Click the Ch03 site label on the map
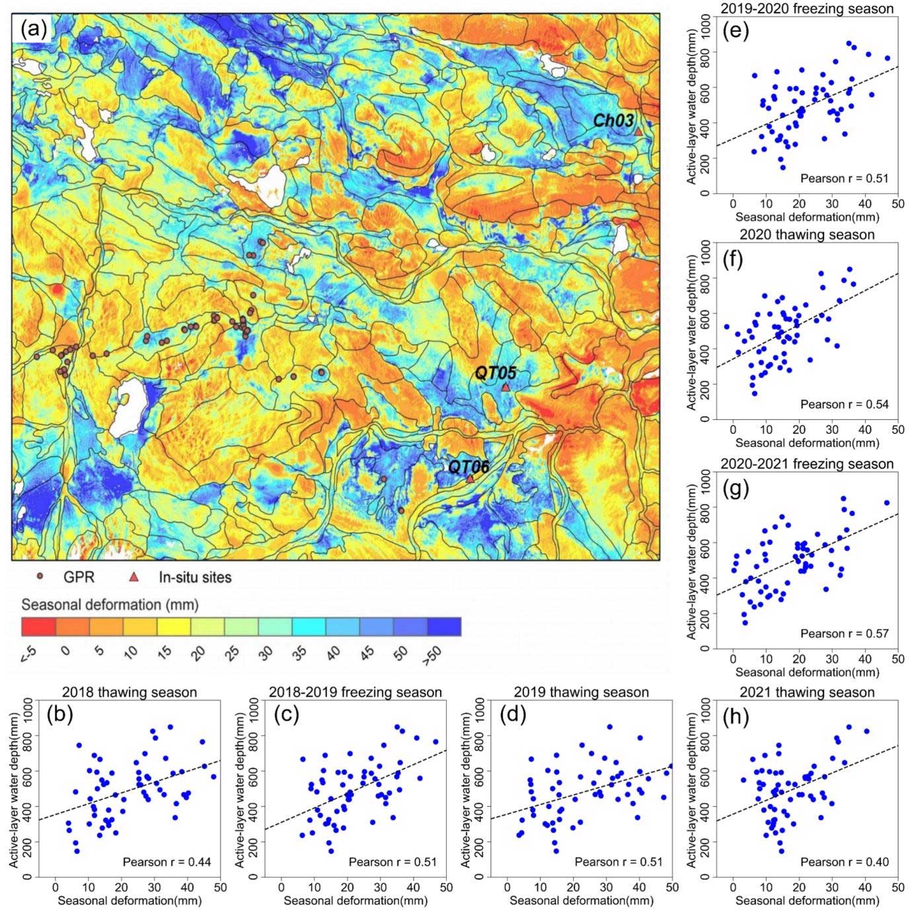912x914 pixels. coord(613,120)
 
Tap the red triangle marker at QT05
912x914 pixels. coord(506,387)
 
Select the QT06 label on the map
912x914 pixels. coord(469,467)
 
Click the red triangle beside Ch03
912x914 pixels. coord(638,132)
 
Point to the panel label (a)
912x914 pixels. coord(33,28)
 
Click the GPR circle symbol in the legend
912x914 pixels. coord(42,577)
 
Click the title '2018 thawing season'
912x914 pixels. coord(130,692)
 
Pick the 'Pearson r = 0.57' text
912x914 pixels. coord(845,634)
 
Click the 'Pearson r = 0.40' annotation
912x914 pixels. coord(845,862)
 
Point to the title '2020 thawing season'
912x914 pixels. coord(807,235)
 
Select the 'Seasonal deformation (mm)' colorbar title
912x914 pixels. coord(110,605)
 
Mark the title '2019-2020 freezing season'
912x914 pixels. coord(807,9)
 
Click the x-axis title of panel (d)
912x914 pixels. coord(582,900)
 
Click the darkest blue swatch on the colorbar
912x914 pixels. coord(444,626)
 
